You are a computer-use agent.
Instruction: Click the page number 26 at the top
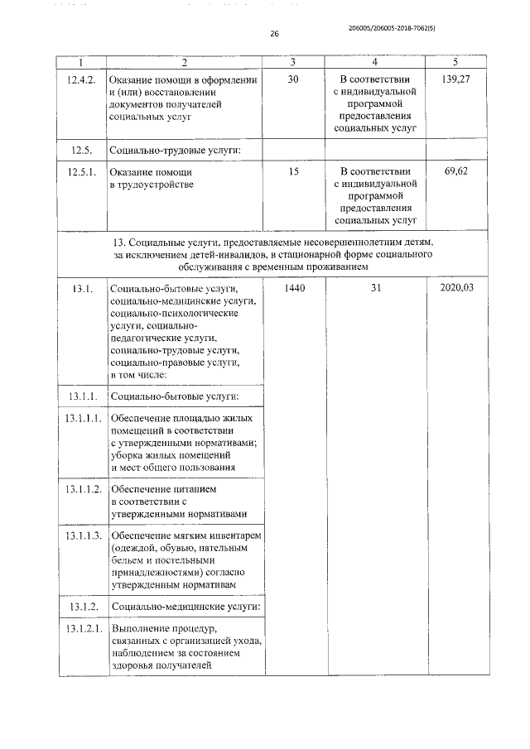tap(274, 35)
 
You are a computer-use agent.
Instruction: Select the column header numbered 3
tap(293, 63)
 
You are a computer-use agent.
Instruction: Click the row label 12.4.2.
tap(81, 79)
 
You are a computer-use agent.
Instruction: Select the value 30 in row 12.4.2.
tap(293, 79)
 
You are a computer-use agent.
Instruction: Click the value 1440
tap(293, 289)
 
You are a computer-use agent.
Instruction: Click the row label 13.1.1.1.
tap(81, 419)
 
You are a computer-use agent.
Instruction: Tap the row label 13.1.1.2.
tap(81, 490)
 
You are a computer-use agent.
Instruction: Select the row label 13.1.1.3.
tap(81, 537)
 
